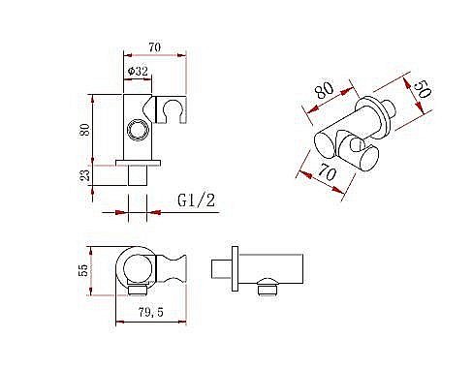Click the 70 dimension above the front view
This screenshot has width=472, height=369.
[x=154, y=47]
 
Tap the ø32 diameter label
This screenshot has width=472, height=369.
[x=138, y=71]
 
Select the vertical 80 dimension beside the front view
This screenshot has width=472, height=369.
[x=85, y=130]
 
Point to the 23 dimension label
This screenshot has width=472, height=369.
[x=85, y=175]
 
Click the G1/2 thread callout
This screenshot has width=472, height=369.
[x=196, y=200]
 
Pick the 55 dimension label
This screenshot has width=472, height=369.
[x=83, y=270]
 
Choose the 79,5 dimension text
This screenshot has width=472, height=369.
[x=151, y=312]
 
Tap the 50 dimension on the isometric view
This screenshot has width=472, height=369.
[x=422, y=89]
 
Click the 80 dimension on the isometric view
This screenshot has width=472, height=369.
[x=325, y=90]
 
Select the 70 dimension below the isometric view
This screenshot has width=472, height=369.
[x=328, y=171]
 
